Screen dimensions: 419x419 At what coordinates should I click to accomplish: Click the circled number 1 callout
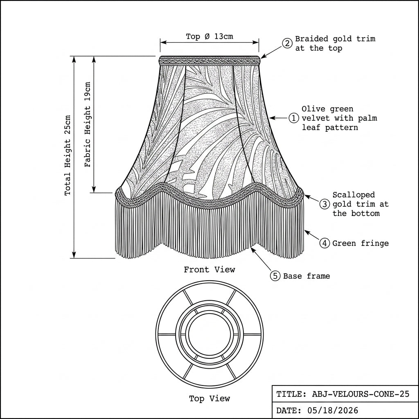click(294, 118)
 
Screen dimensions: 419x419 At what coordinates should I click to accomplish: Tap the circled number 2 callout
click(287, 43)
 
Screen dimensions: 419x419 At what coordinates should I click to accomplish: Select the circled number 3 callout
click(324, 205)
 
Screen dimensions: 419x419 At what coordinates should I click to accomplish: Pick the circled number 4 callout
click(324, 243)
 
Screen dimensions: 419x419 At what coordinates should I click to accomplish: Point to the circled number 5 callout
click(275, 276)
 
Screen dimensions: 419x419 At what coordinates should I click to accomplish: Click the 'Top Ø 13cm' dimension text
click(209, 36)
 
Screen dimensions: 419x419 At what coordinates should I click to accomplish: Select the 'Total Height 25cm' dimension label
click(68, 155)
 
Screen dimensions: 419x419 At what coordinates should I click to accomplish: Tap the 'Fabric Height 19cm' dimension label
click(88, 124)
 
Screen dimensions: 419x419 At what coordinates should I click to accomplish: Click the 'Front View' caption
click(209, 269)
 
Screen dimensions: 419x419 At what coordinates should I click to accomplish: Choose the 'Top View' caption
click(209, 399)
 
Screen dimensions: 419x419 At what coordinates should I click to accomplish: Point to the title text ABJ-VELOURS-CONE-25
click(360, 394)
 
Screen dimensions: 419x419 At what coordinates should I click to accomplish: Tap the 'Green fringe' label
click(360, 243)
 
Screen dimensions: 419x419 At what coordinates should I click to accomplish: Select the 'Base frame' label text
click(306, 276)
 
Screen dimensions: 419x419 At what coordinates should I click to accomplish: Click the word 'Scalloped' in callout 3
click(354, 195)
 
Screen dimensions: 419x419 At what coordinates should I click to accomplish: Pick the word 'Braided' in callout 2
click(311, 39)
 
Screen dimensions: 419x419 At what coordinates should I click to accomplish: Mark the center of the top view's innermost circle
click(209, 334)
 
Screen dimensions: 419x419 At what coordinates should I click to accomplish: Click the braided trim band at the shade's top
click(209, 61)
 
